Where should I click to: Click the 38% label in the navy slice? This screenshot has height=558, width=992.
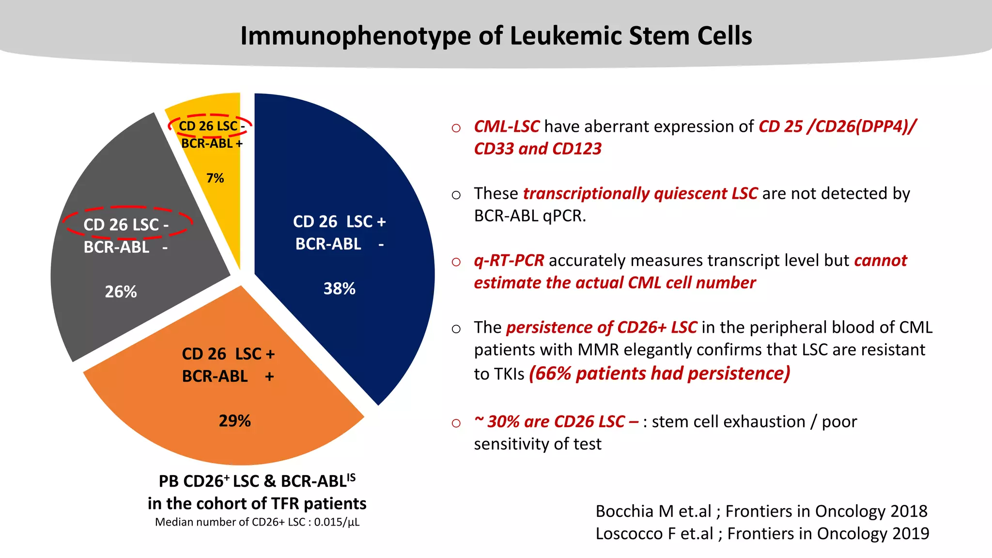[x=339, y=289]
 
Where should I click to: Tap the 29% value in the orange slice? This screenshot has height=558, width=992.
[x=234, y=421]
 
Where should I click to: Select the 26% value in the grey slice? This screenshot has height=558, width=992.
[x=121, y=292]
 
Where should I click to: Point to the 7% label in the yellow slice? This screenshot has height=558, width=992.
[x=215, y=178]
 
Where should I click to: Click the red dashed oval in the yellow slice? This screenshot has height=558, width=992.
[x=210, y=117]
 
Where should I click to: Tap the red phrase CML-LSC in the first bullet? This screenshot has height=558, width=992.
[x=506, y=126]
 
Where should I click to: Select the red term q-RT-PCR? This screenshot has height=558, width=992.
[x=509, y=261]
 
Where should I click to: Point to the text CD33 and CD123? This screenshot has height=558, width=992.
[x=537, y=149]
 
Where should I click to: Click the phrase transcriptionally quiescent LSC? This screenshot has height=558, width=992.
[x=640, y=193]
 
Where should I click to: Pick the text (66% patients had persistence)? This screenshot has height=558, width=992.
[x=659, y=373]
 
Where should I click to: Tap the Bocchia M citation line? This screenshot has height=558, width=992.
[x=761, y=511]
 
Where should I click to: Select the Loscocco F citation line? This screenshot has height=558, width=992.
[x=762, y=533]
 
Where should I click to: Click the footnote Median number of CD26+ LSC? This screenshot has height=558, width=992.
[x=257, y=522]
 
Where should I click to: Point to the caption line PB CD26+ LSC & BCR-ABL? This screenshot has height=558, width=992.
[x=257, y=481]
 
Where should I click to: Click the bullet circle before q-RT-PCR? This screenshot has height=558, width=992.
[x=456, y=262]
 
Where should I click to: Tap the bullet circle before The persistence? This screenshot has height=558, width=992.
[x=456, y=329]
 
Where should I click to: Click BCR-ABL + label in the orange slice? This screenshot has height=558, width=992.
[x=228, y=376]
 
